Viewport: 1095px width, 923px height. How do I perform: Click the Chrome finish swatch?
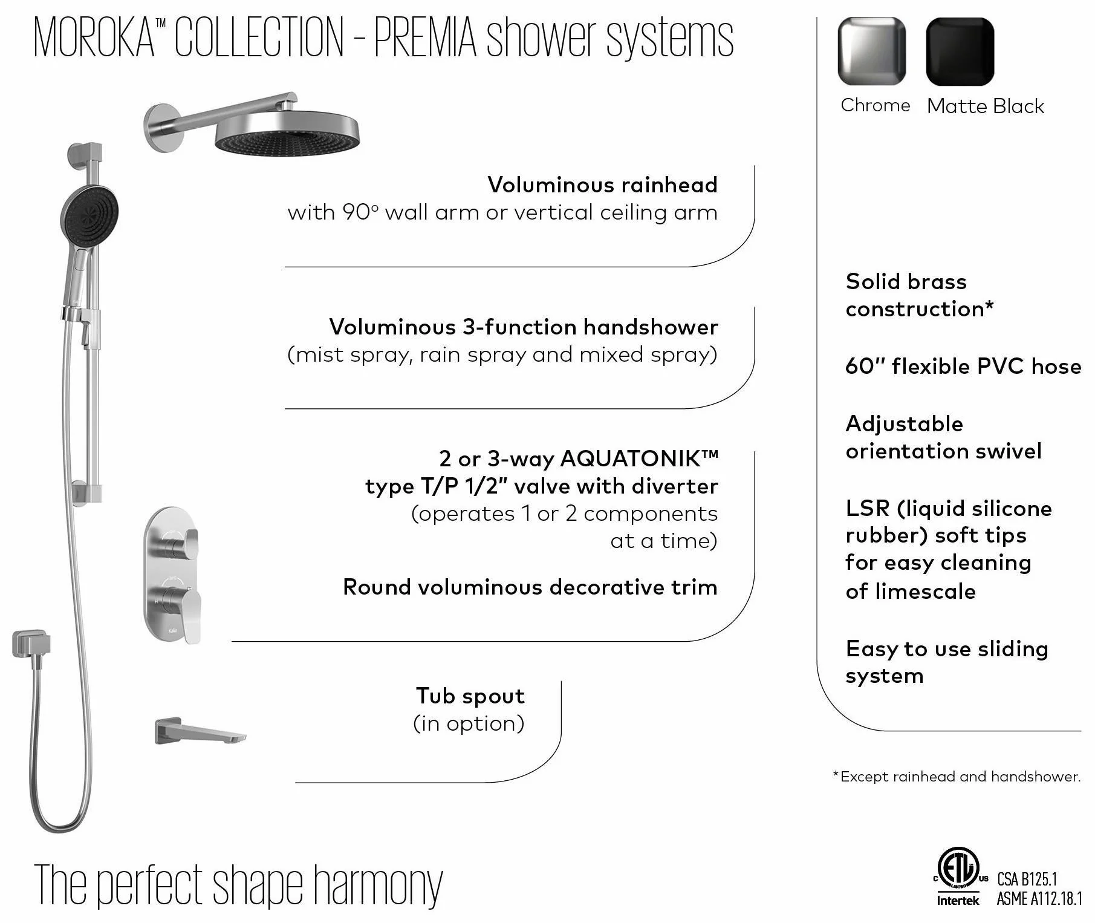click(x=871, y=51)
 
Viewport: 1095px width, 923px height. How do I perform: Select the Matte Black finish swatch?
click(x=960, y=51)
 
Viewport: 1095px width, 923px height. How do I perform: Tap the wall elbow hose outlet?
click(x=31, y=645)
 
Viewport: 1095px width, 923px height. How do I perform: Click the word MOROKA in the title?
click(x=94, y=38)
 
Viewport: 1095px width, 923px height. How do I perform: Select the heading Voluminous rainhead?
click(x=602, y=184)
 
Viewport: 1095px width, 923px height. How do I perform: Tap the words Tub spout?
click(x=470, y=696)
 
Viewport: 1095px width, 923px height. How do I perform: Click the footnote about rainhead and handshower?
click(x=957, y=777)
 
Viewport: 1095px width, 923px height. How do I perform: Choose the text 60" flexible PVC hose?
click(x=963, y=366)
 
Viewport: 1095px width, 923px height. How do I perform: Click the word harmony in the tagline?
click(x=379, y=887)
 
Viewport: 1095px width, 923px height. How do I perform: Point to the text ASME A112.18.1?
click(x=1039, y=899)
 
